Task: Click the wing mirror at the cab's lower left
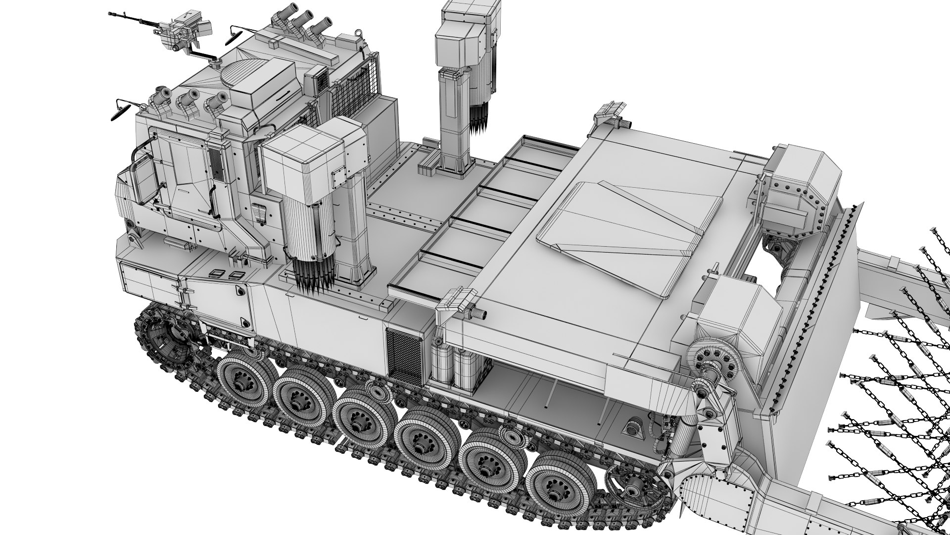pyautogui.click(x=119, y=110)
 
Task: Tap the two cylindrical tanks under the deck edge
pyautogui.click(x=453, y=367)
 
